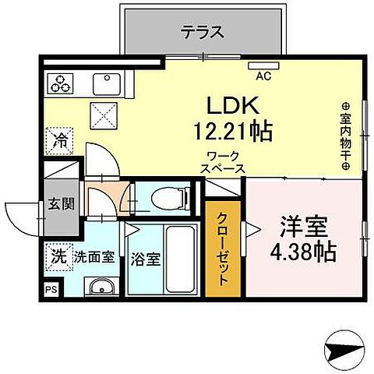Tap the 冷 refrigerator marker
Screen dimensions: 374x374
60,141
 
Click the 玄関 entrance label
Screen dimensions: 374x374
62,204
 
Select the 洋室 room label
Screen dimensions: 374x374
302,227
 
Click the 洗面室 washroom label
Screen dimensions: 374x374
94,256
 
